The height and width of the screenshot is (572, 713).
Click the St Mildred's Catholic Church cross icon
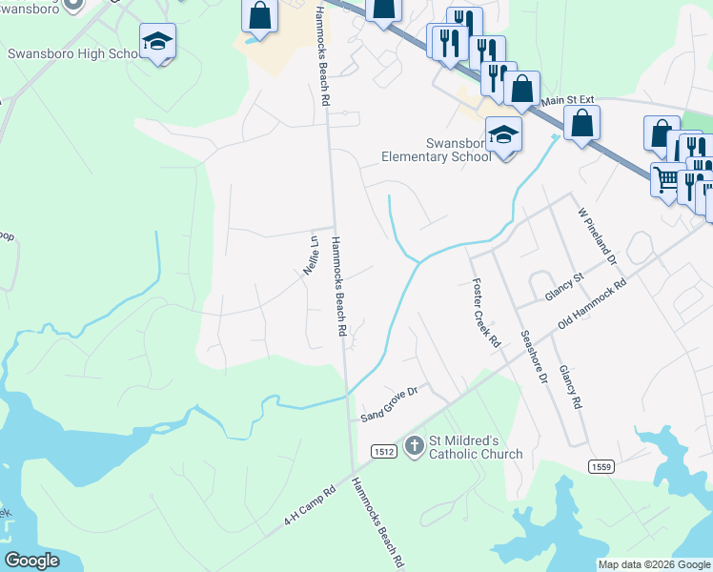(x=414, y=445)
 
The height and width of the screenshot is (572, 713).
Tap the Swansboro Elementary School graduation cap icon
(x=503, y=134)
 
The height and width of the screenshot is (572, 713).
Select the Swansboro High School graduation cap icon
(x=157, y=42)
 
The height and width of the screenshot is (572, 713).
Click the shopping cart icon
(x=668, y=178)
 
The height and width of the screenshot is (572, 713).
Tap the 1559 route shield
(x=601, y=465)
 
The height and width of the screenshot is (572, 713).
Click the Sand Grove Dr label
(x=390, y=404)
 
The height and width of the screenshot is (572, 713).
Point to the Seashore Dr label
(x=535, y=357)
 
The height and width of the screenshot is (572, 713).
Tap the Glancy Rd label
(x=570, y=387)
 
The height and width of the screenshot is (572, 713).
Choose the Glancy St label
(x=562, y=288)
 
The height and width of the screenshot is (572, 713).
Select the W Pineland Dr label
(x=597, y=235)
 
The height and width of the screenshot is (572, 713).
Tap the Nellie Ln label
(x=310, y=255)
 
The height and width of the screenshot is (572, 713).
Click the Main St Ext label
(x=567, y=98)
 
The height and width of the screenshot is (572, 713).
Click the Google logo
(x=32, y=561)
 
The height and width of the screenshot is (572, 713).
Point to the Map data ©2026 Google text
(x=653, y=564)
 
